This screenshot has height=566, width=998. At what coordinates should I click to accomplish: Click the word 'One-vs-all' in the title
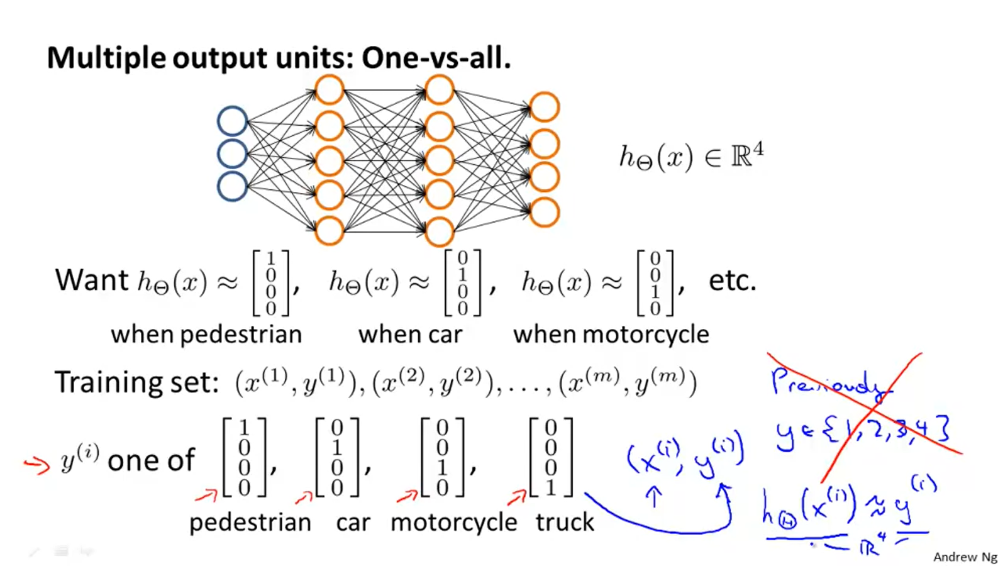pos(435,58)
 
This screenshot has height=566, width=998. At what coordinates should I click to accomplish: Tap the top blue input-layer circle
pos(232,121)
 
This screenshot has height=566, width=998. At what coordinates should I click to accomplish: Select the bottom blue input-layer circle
pos(232,187)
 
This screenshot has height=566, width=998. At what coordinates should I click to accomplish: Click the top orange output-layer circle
pos(544,107)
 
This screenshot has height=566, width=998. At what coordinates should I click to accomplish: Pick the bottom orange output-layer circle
pos(544,213)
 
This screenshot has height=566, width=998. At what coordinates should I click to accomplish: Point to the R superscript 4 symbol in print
pos(746,155)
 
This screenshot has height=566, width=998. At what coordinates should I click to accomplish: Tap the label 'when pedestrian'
pos(206,334)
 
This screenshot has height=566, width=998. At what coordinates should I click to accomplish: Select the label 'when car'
pos(410,334)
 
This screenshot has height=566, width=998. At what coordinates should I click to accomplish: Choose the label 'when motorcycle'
pos(611,334)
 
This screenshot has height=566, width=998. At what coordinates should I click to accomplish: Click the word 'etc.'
pos(732,280)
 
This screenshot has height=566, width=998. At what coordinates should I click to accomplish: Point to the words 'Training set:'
pos(136,382)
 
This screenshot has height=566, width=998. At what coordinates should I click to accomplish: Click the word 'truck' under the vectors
pos(564,522)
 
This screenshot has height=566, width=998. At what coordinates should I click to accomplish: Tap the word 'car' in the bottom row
pos(353,522)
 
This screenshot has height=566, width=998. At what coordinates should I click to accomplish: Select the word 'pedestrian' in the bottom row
pos(250,522)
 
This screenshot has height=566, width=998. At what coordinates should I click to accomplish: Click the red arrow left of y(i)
pos(36,465)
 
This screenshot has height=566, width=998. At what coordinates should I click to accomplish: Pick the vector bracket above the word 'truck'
pos(551,457)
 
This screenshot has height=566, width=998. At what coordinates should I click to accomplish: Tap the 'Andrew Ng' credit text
pos(965,557)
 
